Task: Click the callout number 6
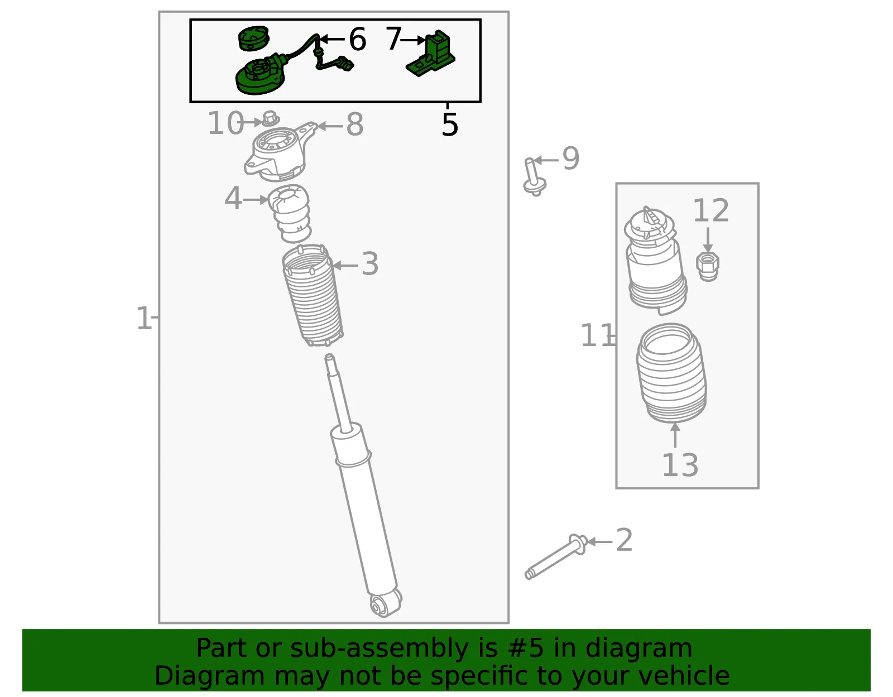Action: click(x=357, y=40)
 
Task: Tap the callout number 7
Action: click(x=393, y=39)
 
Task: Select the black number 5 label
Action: click(x=450, y=124)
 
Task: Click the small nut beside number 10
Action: click(x=270, y=118)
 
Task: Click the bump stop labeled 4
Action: click(x=289, y=213)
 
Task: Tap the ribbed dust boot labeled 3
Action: click(x=313, y=295)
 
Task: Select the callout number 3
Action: click(x=370, y=264)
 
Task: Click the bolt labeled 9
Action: click(x=534, y=177)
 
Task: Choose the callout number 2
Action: click(x=624, y=540)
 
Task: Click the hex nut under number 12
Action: click(x=708, y=267)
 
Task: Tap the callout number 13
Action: click(x=680, y=465)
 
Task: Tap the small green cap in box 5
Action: click(x=254, y=38)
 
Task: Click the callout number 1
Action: click(x=144, y=318)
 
